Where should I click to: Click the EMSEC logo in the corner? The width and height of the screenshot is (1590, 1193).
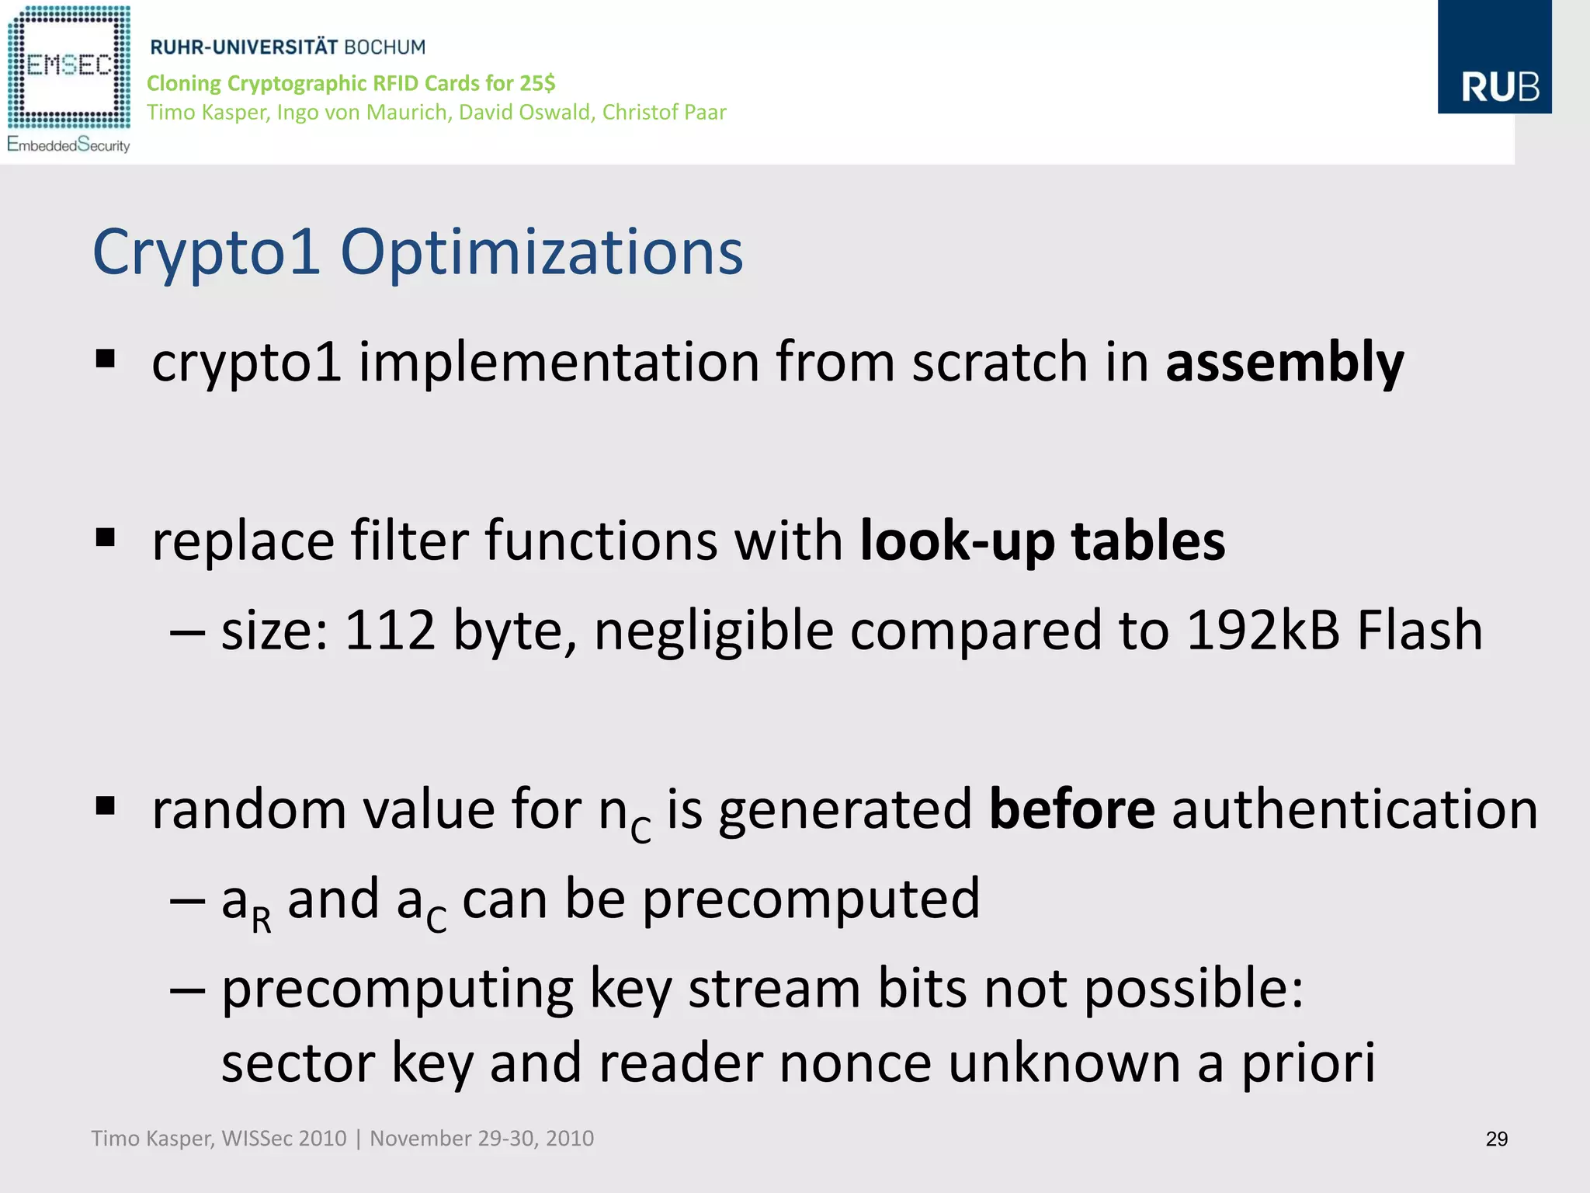(68, 66)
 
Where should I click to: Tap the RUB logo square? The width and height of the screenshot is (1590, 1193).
(1494, 57)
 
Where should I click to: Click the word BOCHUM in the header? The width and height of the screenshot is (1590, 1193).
(384, 47)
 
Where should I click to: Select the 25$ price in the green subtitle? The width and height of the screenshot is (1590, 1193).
(539, 83)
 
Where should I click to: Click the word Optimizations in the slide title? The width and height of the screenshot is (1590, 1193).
(541, 252)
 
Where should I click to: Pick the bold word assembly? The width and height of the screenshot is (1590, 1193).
(1284, 363)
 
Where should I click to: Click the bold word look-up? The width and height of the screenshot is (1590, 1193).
(957, 541)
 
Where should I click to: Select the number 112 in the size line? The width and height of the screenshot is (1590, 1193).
(390, 630)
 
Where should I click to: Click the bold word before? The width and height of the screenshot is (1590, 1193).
(1071, 809)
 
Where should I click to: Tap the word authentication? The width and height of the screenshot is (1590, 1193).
(1354, 809)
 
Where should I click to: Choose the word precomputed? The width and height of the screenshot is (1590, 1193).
(811, 899)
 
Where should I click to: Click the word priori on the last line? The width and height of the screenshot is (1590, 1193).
(1308, 1063)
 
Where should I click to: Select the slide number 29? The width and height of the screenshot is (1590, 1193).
(1496, 1139)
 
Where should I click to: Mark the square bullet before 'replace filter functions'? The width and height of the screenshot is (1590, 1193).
(106, 537)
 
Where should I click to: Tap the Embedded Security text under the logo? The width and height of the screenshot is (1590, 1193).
(68, 145)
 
